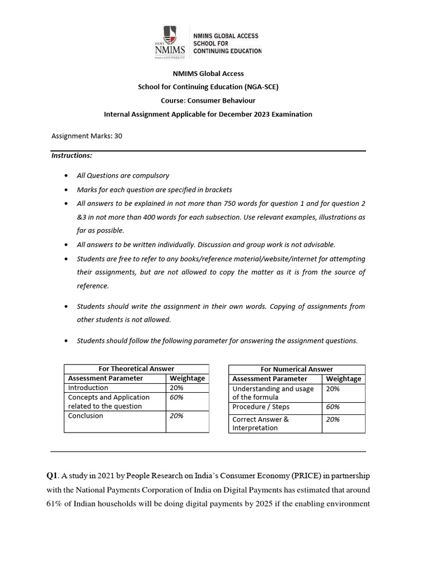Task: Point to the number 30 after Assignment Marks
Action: coord(118,135)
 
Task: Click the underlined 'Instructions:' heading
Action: coord(72,155)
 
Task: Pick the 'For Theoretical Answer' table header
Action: coord(136,369)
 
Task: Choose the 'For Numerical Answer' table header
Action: coord(297,369)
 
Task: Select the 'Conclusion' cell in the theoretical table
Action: coord(85,415)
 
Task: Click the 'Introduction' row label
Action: coord(88,388)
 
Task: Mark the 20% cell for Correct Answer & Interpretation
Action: coord(333,419)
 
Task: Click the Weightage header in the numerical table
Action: coord(343,379)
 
